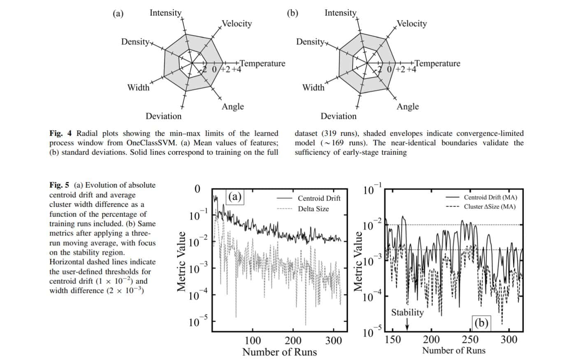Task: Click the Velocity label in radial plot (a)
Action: pos(237,23)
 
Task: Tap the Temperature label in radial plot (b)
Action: pos(437,63)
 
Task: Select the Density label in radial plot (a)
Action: pos(135,42)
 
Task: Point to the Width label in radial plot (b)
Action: pos(313,87)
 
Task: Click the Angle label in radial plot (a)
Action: pos(233,107)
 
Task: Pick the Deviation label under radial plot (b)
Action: pos(339,116)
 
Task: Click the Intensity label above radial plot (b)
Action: pos(340,13)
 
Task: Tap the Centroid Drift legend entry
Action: pos(319,198)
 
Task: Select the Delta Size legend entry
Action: pos(314,209)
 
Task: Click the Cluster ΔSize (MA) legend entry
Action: pos(490,207)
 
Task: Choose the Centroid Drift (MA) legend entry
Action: pos(490,197)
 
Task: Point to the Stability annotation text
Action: pos(407,312)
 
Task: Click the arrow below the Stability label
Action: pos(407,325)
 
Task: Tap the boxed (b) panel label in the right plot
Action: pos(481,323)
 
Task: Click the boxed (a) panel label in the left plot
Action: pos(235,196)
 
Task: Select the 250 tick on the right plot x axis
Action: pos(470,340)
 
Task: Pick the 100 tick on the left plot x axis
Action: pos(253,341)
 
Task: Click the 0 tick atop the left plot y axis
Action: pos(197,189)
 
